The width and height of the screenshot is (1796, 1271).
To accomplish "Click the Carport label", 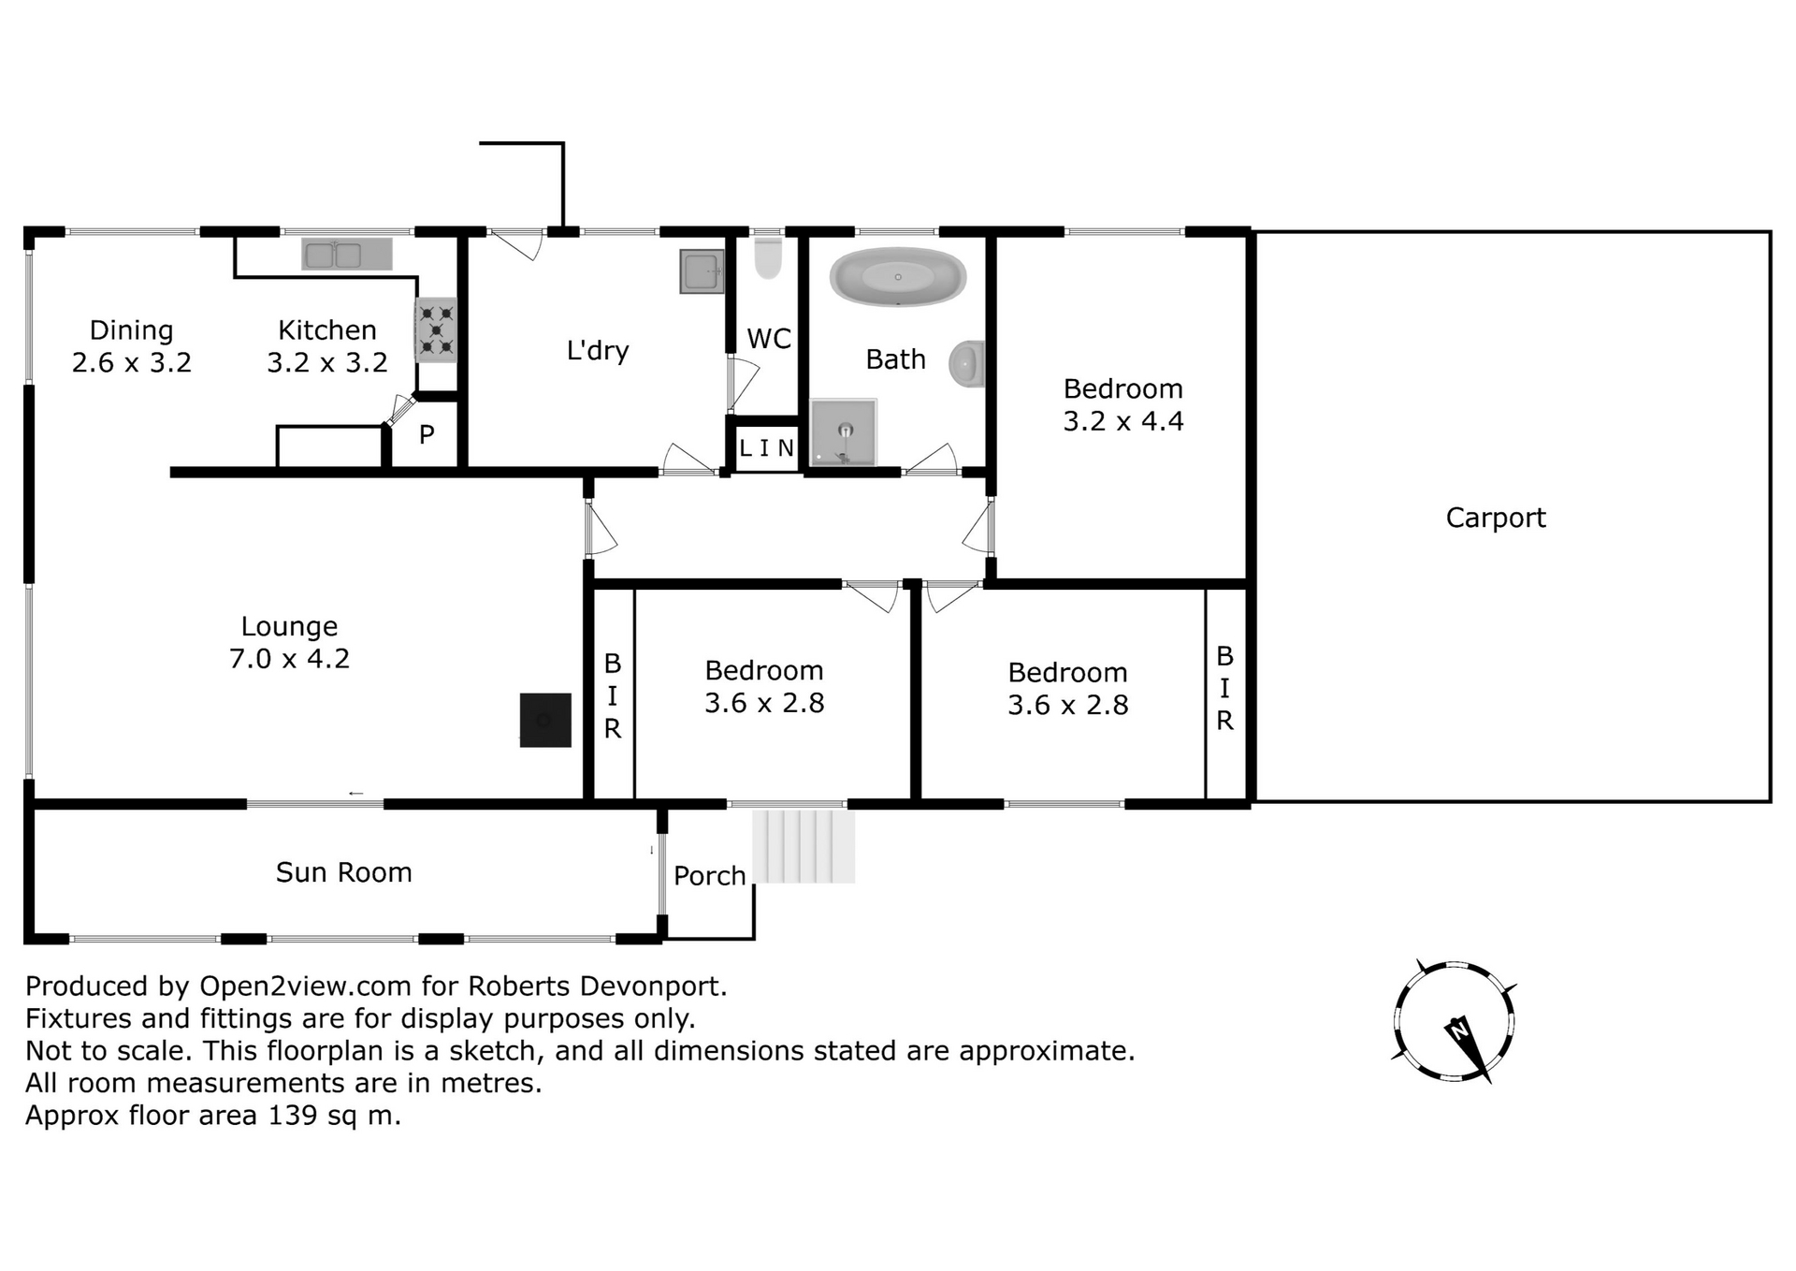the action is [1496, 518].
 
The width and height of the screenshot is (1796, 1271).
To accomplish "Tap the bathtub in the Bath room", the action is [898, 276].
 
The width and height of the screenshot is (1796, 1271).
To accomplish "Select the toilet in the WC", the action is [768, 257].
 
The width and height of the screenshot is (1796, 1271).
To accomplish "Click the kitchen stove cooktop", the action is [436, 330].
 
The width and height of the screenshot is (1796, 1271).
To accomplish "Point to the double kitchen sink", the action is [346, 254].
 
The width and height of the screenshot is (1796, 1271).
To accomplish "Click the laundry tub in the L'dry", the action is [702, 271].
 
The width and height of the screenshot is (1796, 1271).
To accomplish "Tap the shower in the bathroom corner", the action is [844, 431].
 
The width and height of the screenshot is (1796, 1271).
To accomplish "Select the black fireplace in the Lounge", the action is [545, 720].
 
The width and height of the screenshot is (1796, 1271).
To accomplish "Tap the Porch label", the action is [710, 876].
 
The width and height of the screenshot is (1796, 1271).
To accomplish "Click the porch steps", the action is [804, 846].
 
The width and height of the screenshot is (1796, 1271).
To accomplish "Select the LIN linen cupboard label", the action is [766, 448].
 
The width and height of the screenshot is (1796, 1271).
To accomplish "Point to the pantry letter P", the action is [427, 435].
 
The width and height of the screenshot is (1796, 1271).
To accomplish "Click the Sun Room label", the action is [344, 872].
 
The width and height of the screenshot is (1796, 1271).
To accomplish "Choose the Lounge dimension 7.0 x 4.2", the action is [290, 659].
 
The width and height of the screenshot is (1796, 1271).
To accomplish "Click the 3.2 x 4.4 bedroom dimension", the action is [1123, 421].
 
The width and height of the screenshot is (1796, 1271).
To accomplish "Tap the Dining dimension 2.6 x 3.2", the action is [132, 362].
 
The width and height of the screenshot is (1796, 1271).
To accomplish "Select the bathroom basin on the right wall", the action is [967, 364].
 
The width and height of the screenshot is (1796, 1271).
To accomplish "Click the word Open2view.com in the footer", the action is [306, 986].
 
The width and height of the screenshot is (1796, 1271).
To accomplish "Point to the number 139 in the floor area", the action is [293, 1116].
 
